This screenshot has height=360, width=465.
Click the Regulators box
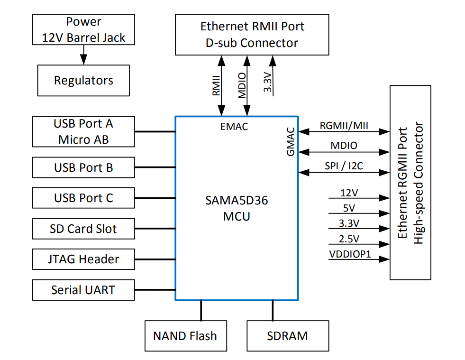tap(83, 81)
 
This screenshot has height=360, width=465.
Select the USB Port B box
tap(83, 167)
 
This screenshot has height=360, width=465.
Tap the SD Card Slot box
tap(83, 229)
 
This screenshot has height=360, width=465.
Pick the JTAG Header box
tap(83, 259)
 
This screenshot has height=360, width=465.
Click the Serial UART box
tap(83, 290)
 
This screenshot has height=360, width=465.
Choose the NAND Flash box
tap(186, 336)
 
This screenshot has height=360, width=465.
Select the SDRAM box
tap(288, 336)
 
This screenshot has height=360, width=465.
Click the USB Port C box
tap(83, 198)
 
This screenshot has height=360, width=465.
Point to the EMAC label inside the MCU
tap(234, 127)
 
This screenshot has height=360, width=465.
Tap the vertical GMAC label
tap(291, 141)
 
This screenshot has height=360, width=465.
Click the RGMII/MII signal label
tap(344, 126)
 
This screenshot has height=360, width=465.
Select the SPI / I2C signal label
tap(344, 166)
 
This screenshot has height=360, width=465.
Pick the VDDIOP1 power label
tap(350, 254)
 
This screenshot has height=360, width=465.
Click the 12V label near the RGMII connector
tap(349, 193)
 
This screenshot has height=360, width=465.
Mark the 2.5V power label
tap(349, 239)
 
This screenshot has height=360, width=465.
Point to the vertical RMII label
tap(216, 85)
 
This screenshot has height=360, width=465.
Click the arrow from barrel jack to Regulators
tap(83, 55)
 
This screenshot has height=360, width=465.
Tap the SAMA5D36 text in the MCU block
tap(237, 201)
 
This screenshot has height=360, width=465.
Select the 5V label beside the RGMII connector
tap(349, 208)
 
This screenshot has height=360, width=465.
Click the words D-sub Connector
tap(252, 43)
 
